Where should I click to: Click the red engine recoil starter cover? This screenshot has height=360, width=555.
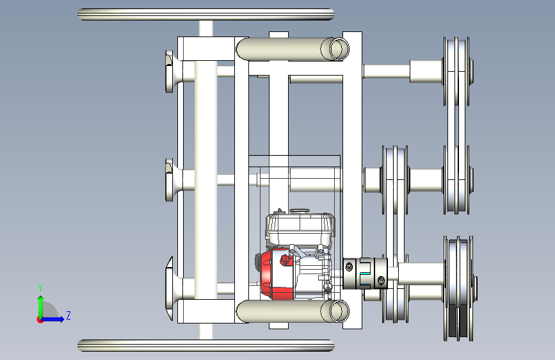pos(276,274)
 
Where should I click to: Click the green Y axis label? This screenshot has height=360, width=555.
pos(40,288)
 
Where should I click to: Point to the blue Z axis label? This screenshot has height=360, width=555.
pos(68,315)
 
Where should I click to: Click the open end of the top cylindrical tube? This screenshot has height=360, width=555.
pos(339,49)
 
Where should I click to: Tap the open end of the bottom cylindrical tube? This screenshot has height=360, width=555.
pos(339,311)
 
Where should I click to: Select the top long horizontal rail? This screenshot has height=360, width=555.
pos(206,14)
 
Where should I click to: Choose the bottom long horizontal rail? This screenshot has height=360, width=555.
pos(206,345)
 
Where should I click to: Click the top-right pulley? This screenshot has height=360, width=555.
pos(458,72)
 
